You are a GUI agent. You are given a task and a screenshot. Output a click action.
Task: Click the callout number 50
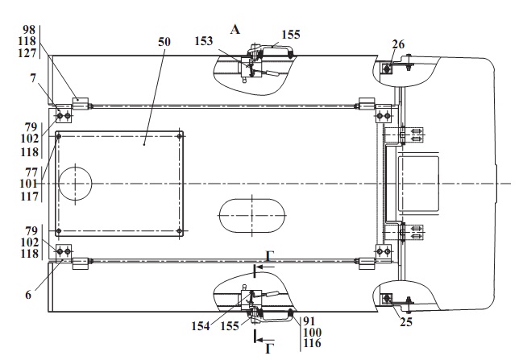pyautogui.click(x=164, y=40)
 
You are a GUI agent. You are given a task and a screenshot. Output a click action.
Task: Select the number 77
pyautogui.click(x=32, y=171)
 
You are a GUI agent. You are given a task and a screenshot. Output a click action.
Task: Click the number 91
pyautogui.click(x=309, y=321)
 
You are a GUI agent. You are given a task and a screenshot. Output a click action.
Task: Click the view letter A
pyautogui.click(x=235, y=29)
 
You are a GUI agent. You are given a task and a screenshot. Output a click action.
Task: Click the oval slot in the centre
pyautogui.click(x=252, y=215)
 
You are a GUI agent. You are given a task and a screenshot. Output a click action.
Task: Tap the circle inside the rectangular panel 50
pyautogui.click(x=74, y=184)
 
